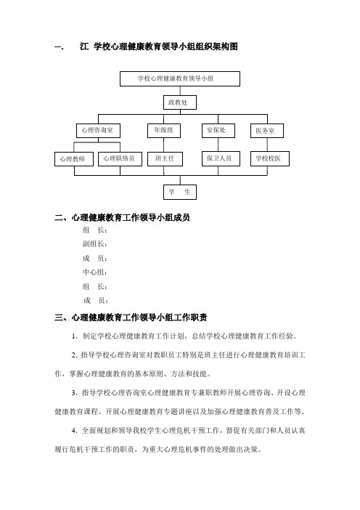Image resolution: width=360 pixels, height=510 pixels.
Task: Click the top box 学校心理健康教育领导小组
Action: click(x=180, y=78)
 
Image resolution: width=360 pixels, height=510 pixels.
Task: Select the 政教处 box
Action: click(x=180, y=102)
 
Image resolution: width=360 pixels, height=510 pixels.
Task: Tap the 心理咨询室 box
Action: click(x=98, y=131)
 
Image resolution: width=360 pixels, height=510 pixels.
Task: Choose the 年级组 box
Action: click(x=164, y=131)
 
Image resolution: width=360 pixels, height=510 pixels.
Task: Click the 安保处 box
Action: click(x=218, y=131)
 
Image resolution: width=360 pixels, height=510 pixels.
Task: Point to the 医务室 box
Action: click(x=267, y=131)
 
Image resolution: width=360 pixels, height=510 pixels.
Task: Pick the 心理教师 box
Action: click(x=74, y=159)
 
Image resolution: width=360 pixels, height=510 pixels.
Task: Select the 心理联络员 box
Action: click(x=120, y=159)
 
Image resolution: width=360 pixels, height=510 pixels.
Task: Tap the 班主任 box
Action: click(x=165, y=159)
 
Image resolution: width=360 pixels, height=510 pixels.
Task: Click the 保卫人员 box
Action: click(x=221, y=159)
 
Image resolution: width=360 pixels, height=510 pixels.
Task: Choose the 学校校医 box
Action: click(x=270, y=159)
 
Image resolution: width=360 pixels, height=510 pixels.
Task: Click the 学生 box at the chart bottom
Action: click(x=180, y=192)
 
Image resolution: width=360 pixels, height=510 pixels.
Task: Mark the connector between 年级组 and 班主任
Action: click(x=164, y=145)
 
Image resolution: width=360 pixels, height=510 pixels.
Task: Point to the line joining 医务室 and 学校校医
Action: click(x=267, y=145)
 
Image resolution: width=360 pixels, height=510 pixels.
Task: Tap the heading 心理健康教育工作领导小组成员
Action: click(x=131, y=217)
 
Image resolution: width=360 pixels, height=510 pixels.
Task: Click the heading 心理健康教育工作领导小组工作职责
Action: click(x=139, y=317)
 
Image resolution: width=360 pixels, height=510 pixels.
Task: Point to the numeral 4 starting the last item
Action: click(x=74, y=431)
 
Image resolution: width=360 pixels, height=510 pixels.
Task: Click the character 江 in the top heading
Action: click(x=83, y=46)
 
